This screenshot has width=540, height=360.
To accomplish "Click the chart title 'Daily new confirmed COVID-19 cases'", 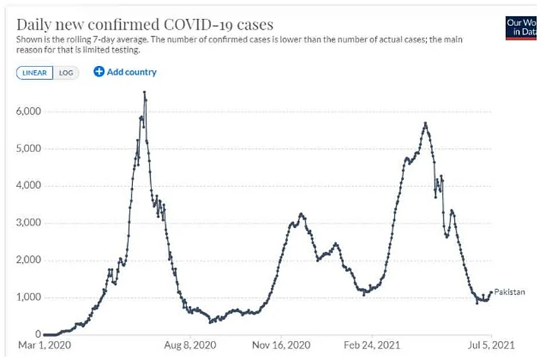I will [x=144, y=25].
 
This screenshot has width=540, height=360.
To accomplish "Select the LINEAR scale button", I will [x=34, y=73].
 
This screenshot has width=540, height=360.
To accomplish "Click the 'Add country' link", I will [x=131, y=72].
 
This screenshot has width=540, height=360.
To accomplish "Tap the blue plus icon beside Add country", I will [x=98, y=72].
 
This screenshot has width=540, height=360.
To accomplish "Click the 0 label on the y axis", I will [x=38, y=334].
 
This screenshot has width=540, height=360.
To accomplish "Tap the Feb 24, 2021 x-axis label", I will [x=371, y=345].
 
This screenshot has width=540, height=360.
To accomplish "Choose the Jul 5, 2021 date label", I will [x=491, y=345].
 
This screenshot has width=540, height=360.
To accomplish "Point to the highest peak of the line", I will [x=145, y=92].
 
